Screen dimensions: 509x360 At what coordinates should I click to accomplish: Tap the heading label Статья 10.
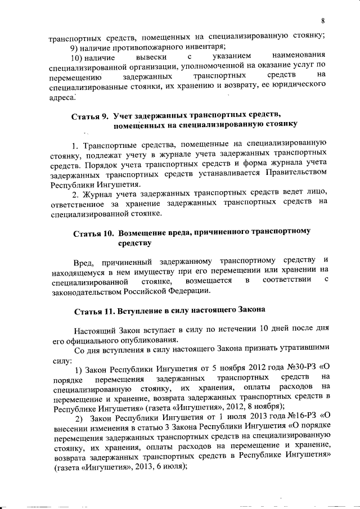pos(93,232)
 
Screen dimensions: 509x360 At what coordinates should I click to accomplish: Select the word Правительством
pos(297,173)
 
